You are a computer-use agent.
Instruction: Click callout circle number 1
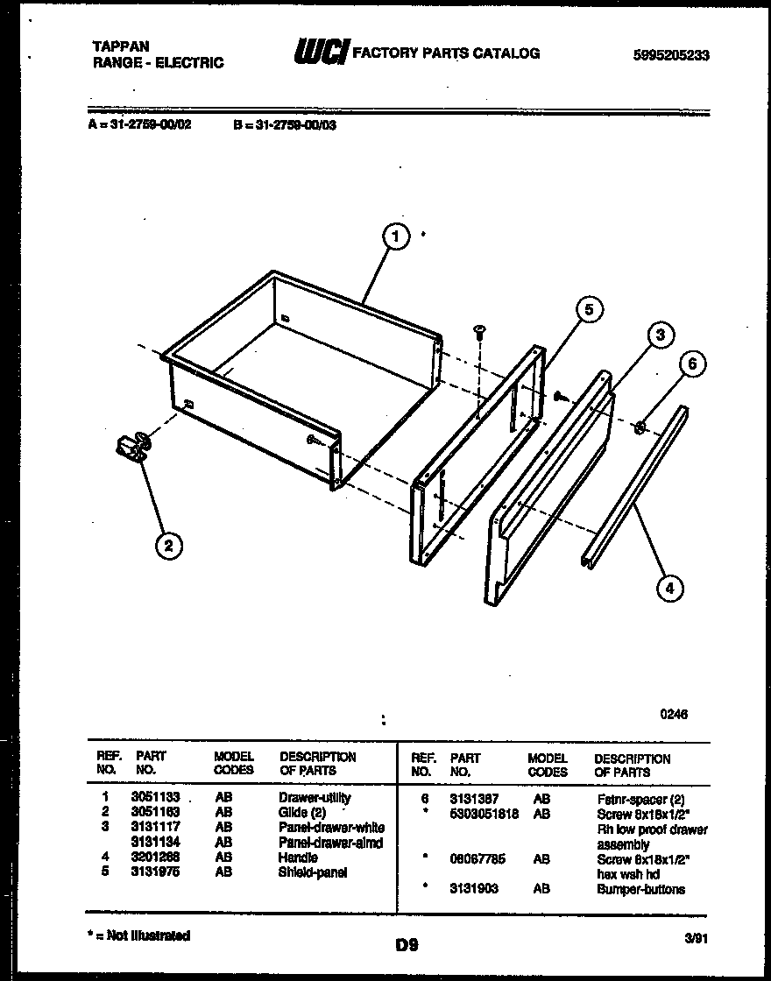click(x=396, y=237)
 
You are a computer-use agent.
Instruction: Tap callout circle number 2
click(x=168, y=547)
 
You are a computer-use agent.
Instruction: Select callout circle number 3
click(x=661, y=335)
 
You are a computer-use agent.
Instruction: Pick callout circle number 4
click(x=669, y=589)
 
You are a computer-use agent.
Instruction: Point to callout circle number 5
click(x=590, y=309)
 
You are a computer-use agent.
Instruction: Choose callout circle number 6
click(x=692, y=365)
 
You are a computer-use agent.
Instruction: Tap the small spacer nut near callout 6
click(x=640, y=427)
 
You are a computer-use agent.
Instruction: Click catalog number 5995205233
click(x=670, y=54)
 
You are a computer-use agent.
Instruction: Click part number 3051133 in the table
click(x=155, y=798)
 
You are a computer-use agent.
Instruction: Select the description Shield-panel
click(x=312, y=872)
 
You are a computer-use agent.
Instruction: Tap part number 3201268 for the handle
click(x=155, y=857)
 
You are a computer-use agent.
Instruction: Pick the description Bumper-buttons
click(x=640, y=889)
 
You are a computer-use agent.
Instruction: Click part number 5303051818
click(x=484, y=814)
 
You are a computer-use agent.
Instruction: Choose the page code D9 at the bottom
click(x=407, y=945)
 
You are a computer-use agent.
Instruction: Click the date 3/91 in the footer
click(x=695, y=937)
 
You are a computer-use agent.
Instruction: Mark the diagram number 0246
click(x=674, y=714)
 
